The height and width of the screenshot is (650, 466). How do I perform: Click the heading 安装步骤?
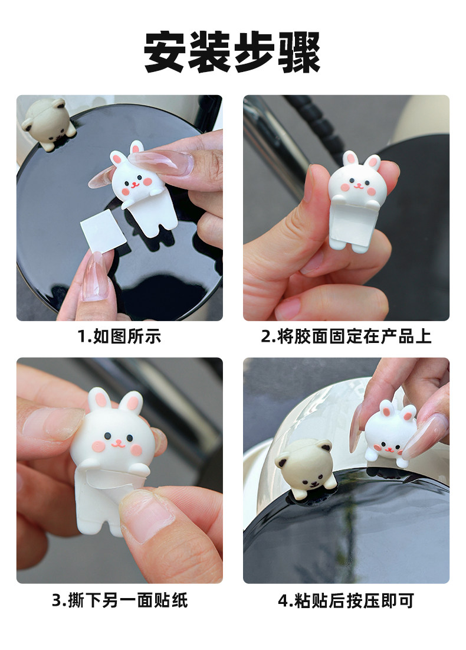232,52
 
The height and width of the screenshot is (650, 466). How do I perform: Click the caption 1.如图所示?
119,336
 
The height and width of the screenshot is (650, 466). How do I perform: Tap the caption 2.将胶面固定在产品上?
346,336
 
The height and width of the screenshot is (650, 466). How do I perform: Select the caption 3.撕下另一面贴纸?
120,600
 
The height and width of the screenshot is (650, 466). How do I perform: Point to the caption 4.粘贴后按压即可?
346,600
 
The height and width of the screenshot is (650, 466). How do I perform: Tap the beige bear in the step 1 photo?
48,123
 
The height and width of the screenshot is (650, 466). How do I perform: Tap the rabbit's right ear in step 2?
373,163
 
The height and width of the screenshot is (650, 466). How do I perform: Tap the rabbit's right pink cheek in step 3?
136,450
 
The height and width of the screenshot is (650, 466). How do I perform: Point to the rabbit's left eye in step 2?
352,180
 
